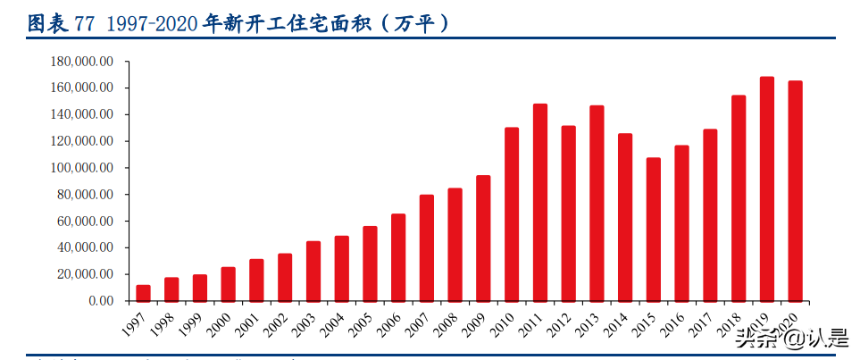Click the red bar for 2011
[x=540, y=203]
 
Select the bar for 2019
[x=767, y=189]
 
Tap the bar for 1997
[x=143, y=293]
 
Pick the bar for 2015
[x=654, y=230]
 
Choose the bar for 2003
[x=313, y=272]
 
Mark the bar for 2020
[x=795, y=191]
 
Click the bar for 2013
[x=597, y=204]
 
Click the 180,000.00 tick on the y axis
[x=83, y=62]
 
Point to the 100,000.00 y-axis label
[x=83, y=168]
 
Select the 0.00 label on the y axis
[x=100, y=301]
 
